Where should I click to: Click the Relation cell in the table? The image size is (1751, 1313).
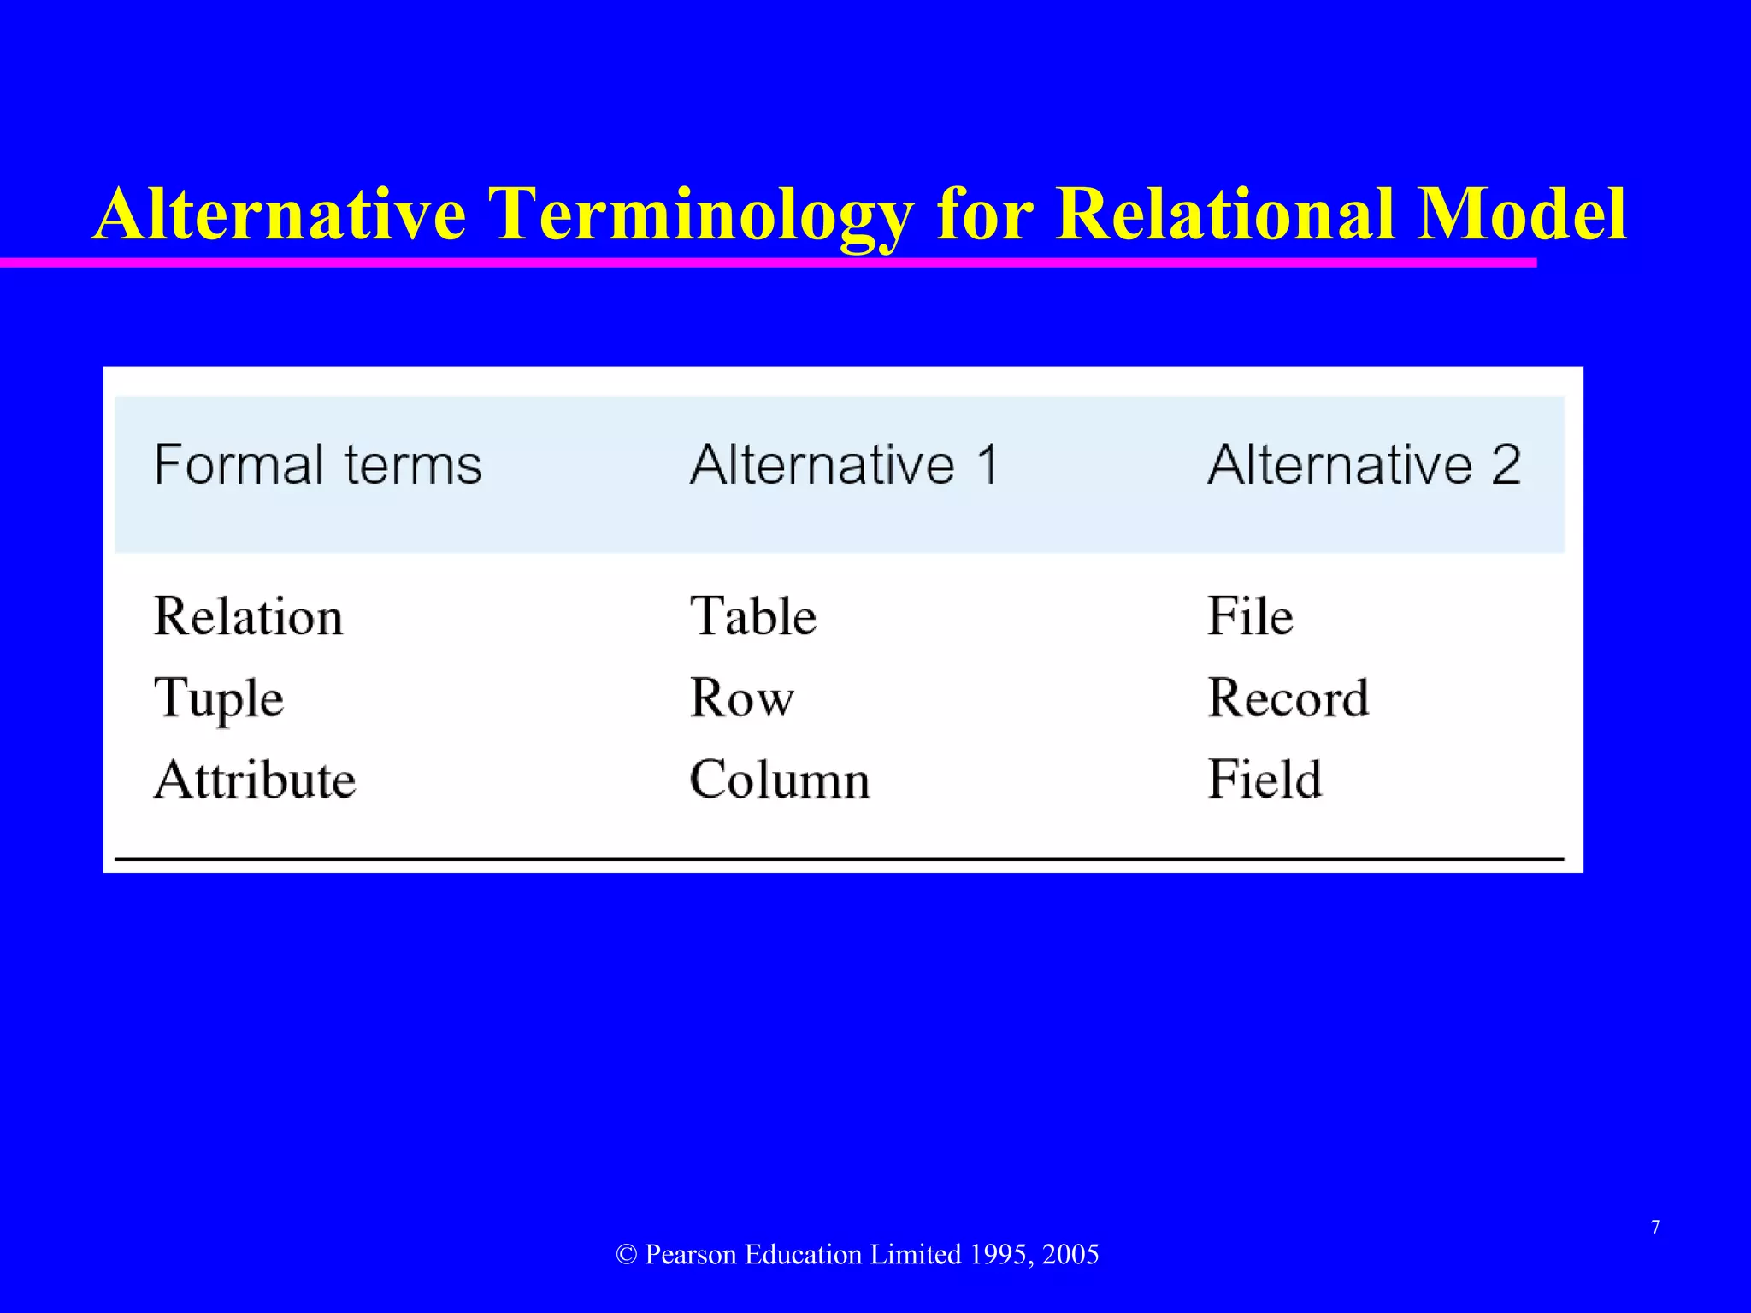pos(248,616)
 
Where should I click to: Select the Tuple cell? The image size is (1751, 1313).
pos(219,698)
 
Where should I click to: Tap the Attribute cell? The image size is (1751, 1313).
pos(255,780)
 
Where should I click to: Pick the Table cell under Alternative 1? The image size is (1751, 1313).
pos(753,616)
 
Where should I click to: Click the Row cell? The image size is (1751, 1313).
pos(741,698)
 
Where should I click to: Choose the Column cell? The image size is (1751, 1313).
pos(780,780)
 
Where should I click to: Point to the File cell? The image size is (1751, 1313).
pos(1250,616)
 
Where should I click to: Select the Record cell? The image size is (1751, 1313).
pos(1288,698)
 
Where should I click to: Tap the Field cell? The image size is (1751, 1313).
pos(1265,780)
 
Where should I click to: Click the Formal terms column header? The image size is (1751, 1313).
pos(318,465)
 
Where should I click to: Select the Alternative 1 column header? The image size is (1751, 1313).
pos(844,465)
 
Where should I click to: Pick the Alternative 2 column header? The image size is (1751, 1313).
pos(1364,465)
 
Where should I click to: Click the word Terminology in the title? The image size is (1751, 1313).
pos(701,215)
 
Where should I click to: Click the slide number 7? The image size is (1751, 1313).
pos(1655,1228)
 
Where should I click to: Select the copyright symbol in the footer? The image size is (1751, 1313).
pos(626,1255)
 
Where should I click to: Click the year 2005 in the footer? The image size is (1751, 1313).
pos(1070,1254)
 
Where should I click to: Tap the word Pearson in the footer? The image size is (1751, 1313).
pos(690,1254)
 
